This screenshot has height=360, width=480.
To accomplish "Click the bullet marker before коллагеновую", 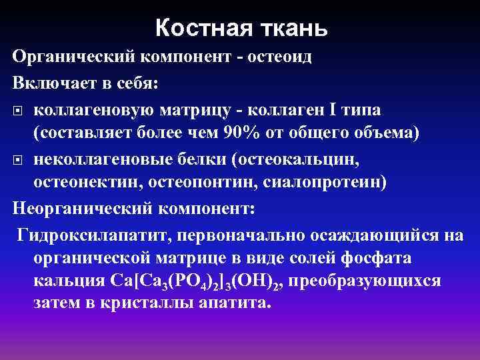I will pos(18,109).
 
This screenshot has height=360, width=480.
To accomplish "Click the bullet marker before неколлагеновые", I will pos(18,161).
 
